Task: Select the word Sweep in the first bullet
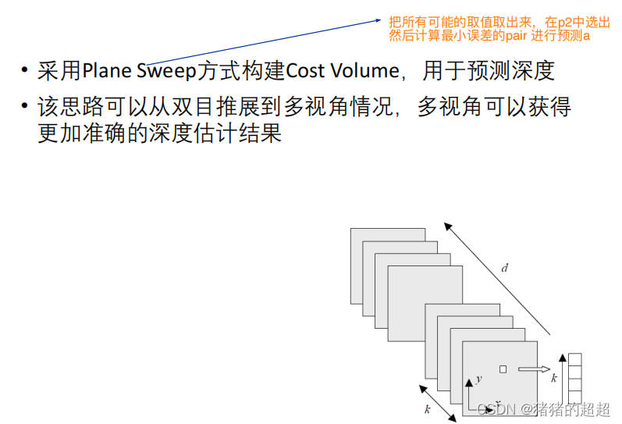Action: [x=170, y=71]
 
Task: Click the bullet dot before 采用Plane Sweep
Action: [x=26, y=72]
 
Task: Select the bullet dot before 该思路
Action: [x=26, y=107]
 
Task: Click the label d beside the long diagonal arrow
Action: [x=504, y=269]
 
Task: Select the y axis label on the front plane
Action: [x=478, y=379]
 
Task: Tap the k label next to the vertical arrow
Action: [x=553, y=378]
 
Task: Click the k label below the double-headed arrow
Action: [x=428, y=409]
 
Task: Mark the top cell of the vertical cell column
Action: [x=574, y=360]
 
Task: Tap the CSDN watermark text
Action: [x=497, y=409]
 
